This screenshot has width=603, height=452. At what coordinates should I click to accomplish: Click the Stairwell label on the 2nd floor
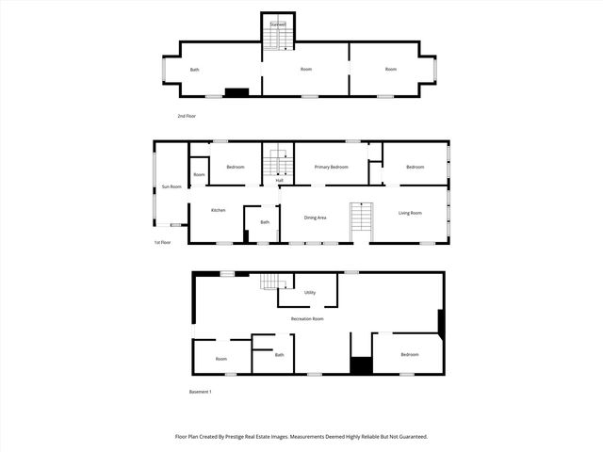click(277, 24)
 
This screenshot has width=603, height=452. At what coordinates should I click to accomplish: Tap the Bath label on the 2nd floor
click(195, 70)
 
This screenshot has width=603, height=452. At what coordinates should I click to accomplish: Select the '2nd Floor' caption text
click(187, 116)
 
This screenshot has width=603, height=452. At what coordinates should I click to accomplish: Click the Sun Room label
click(171, 186)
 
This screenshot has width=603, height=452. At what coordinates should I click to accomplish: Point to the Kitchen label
click(218, 210)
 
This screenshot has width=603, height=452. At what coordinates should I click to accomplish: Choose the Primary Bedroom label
click(331, 167)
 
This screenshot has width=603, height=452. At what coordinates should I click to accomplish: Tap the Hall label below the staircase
click(279, 180)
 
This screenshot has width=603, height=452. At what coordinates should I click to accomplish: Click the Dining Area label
click(315, 218)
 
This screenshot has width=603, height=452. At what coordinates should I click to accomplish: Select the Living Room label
click(410, 214)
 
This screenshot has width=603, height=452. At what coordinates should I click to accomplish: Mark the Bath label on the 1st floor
click(265, 222)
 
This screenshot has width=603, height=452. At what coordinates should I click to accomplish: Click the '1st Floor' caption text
click(163, 242)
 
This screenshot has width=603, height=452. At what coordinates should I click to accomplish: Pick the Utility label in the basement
click(309, 292)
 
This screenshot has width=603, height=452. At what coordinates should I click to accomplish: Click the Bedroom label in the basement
click(409, 354)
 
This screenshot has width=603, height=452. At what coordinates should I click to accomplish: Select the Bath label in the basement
click(279, 355)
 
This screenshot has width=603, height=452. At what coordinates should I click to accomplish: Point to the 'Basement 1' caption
click(200, 392)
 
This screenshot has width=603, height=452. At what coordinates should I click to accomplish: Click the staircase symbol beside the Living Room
click(362, 222)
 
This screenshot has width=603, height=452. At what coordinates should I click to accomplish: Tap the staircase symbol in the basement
click(273, 283)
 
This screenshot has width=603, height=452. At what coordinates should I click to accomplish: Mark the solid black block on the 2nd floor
click(236, 92)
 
